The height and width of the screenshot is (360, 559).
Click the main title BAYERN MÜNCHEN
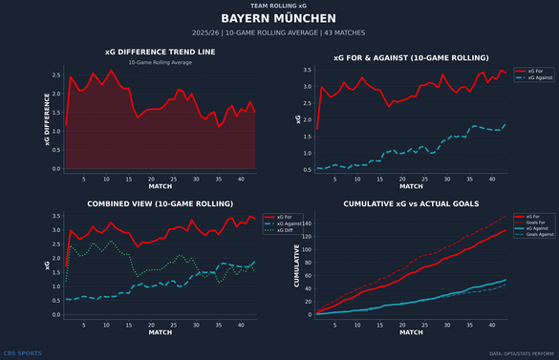click(279, 18)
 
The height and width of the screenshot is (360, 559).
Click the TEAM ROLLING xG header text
click(279, 5)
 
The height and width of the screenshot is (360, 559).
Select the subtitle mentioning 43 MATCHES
click(279, 32)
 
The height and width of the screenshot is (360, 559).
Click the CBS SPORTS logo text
click(23, 353)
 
